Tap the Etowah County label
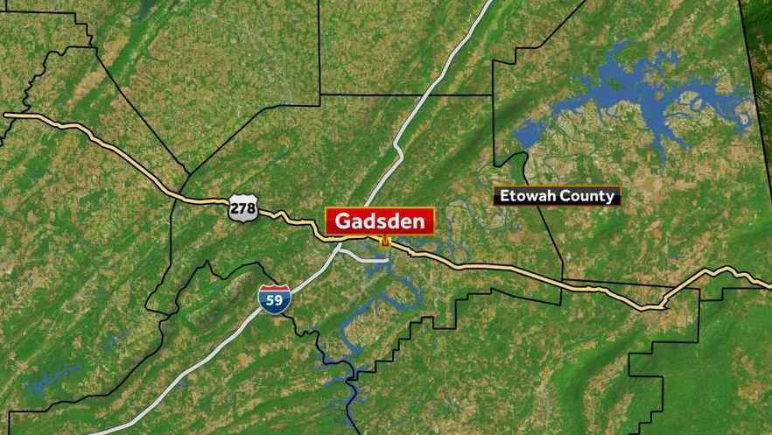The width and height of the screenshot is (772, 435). point(557,196)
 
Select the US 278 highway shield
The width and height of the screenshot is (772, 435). point(242,208)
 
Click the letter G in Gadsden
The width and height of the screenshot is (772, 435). point(343,221)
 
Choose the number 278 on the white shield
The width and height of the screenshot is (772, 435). point(242,209)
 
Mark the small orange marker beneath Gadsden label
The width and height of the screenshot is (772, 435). point(383,240)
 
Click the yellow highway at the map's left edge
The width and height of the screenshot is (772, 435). point(7,115)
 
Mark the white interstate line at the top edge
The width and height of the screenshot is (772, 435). point(485,4)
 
